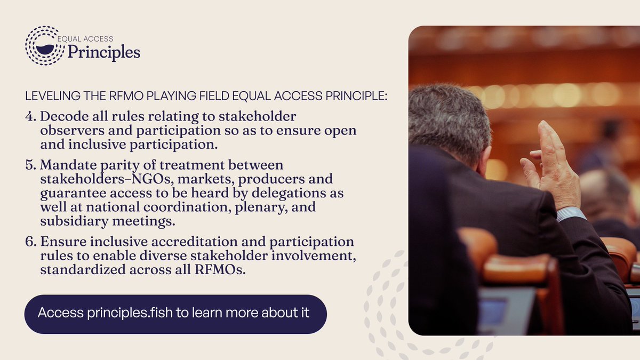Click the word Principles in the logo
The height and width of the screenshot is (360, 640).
pyautogui.click(x=103, y=52)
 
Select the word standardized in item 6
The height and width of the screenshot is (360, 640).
pyautogui.click(x=76, y=270)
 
